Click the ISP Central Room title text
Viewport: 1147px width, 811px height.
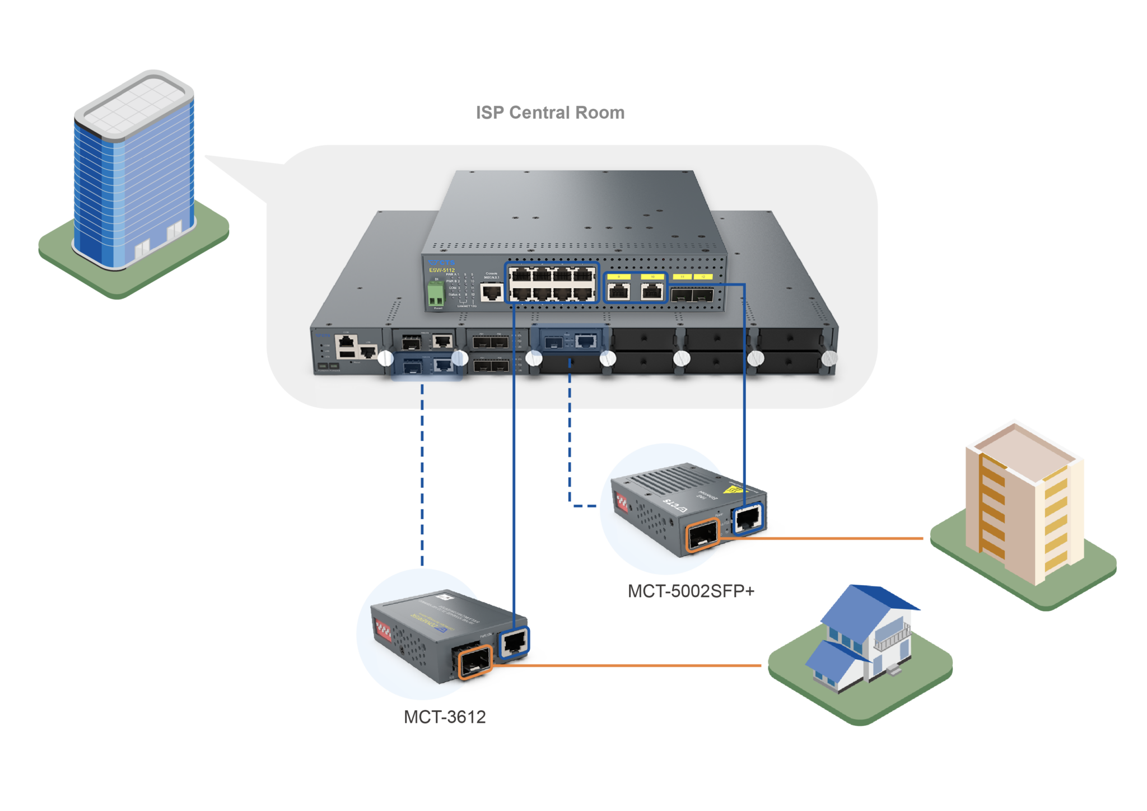coord(550,113)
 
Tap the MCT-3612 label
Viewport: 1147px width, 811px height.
coord(445,717)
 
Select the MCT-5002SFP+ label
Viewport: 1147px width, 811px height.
coord(692,591)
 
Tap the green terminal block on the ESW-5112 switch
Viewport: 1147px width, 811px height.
coord(436,295)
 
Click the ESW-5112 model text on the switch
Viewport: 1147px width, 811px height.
coord(442,270)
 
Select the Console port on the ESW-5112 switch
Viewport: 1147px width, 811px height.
coord(492,292)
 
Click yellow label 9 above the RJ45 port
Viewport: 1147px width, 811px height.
coord(619,277)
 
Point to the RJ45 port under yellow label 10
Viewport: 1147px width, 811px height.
coord(652,292)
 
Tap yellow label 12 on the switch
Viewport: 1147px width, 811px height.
coord(703,277)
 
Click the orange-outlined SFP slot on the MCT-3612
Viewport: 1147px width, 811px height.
coord(475,662)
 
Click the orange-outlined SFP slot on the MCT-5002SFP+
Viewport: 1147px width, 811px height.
coord(702,535)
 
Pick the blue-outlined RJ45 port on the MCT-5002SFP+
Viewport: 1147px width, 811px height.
coord(748,519)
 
